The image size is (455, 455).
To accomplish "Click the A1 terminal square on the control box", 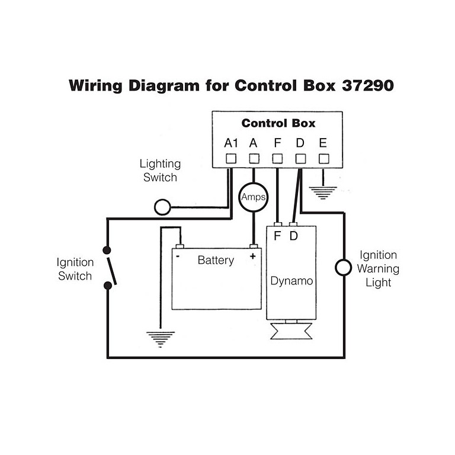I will [230, 159].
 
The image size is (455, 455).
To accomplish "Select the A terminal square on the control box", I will [254, 159].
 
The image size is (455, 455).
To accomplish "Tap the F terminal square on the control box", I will [277, 159].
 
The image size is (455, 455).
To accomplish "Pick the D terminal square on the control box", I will [300, 159].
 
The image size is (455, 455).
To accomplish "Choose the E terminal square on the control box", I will [323, 159].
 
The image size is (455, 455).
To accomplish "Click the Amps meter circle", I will [254, 197].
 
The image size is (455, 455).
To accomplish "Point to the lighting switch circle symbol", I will [162, 207].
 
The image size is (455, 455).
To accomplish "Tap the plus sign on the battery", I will [253, 257].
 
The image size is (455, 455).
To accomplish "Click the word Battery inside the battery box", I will [216, 260].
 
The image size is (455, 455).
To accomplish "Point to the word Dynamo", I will [291, 280].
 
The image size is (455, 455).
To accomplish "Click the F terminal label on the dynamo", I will [277, 236].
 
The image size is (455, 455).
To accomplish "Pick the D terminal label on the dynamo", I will [294, 236].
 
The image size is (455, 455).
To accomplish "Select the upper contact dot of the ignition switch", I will [107, 249].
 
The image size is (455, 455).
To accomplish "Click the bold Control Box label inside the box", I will [278, 123].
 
